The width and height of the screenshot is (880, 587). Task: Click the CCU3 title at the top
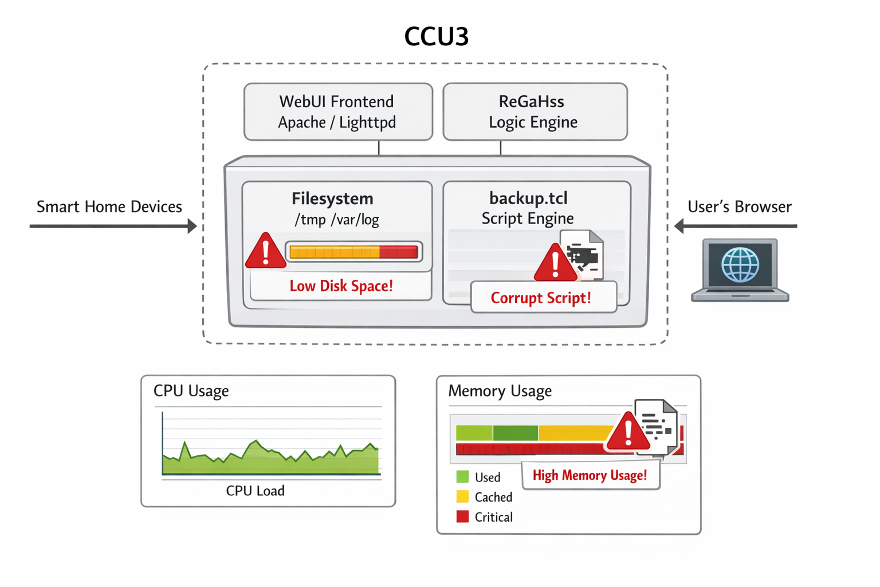click(436, 37)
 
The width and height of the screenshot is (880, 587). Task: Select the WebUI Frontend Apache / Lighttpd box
click(337, 112)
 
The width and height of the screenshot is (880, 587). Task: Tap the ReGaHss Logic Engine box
click(534, 112)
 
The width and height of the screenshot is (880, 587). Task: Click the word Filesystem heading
click(332, 199)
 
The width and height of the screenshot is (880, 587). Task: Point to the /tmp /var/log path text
click(336, 220)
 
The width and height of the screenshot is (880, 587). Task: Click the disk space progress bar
click(353, 252)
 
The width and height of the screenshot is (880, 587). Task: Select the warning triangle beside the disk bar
click(265, 252)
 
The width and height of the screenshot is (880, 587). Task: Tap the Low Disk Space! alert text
click(341, 286)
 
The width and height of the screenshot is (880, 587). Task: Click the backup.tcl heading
click(528, 198)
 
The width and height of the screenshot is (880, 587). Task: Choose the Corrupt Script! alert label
click(541, 298)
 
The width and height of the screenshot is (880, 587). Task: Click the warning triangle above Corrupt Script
click(555, 264)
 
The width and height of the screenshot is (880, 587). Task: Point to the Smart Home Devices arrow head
click(192, 226)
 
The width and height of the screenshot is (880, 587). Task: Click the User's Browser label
click(739, 207)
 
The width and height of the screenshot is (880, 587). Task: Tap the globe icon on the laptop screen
click(740, 265)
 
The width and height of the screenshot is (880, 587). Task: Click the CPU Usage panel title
click(191, 391)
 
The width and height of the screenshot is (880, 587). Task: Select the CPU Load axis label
click(255, 491)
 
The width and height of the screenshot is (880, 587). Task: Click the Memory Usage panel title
click(500, 391)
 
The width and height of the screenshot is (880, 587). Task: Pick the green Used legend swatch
click(462, 477)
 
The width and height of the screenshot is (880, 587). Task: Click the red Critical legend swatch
click(462, 517)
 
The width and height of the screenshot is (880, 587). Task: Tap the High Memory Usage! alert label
click(590, 476)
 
